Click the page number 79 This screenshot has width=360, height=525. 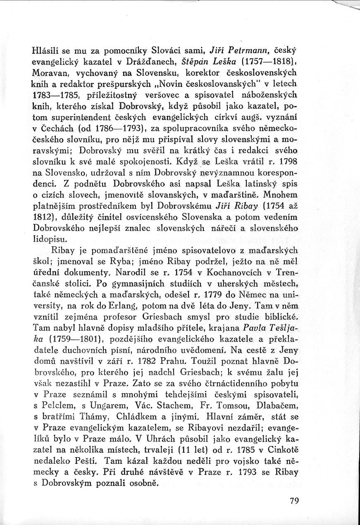(x=294, y=501)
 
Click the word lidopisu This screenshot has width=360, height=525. (x=49, y=239)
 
